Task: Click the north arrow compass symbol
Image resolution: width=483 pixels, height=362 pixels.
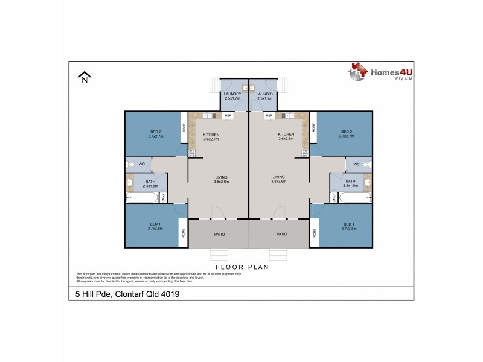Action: coord(84,77)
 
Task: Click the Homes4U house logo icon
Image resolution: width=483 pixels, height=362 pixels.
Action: coord(358,72)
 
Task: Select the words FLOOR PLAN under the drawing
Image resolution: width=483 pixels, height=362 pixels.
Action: coord(241,266)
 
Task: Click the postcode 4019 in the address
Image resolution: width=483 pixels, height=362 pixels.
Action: coord(169,294)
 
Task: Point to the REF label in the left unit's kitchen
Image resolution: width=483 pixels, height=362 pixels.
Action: coord(228,115)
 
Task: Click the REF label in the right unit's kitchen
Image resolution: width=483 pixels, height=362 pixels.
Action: coord(269,115)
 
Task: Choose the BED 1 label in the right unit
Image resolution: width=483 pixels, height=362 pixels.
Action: coord(346,226)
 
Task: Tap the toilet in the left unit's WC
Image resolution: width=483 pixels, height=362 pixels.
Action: coord(129,164)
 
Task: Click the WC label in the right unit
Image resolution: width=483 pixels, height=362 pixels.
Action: coord(356,164)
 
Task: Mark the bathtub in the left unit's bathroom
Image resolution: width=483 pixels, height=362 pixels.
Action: coord(141,197)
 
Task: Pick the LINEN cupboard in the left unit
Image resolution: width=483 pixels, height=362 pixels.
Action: coord(162,197)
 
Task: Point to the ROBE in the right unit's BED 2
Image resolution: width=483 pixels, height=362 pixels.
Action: coord(313,128)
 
